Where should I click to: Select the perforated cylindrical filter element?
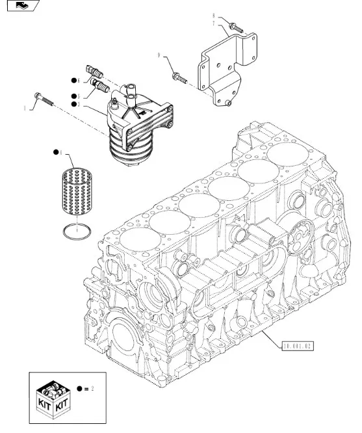[77, 193]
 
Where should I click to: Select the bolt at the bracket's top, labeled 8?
[235, 28]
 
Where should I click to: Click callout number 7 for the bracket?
[213, 23]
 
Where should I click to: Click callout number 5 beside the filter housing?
[79, 96]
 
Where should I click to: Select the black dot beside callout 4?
[57, 154]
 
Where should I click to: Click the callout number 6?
[79, 81]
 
